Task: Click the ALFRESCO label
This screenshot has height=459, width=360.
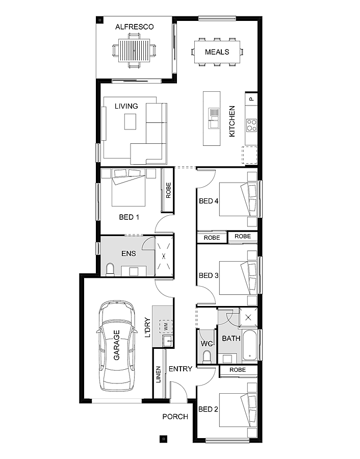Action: click(134, 27)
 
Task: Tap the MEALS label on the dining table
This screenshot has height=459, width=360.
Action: click(217, 52)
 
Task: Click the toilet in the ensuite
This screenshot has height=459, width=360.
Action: click(110, 269)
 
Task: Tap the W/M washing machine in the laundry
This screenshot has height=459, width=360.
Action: click(166, 325)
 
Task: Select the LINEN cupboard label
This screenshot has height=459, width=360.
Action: click(158, 374)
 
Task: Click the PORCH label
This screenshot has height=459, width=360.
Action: click(175, 417)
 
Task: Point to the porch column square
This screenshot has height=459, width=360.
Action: click(163, 438)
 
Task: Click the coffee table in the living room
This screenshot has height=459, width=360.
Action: click(131, 121)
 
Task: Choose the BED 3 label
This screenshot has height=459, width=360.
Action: click(209, 275)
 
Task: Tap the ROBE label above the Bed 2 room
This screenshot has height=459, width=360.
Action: click(238, 370)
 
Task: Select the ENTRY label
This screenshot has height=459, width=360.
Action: click(181, 369)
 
